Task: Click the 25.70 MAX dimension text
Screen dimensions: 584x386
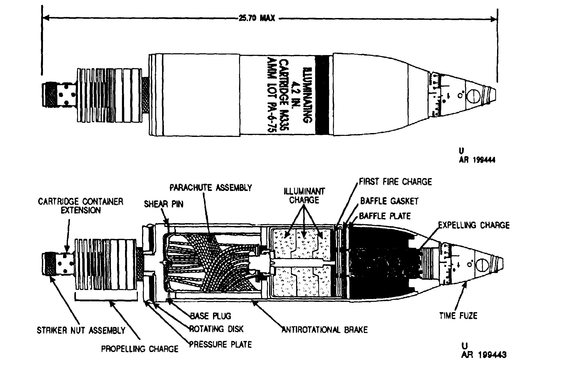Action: (x=257, y=19)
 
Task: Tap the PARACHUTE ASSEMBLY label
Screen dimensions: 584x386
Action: (x=211, y=188)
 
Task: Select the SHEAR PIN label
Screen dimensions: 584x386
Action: (x=164, y=204)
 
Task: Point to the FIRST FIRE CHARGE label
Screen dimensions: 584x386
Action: (x=395, y=182)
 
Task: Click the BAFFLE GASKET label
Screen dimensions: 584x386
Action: (x=389, y=201)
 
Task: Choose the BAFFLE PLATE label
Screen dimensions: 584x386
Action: (x=385, y=216)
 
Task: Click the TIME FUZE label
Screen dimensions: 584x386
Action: (x=458, y=316)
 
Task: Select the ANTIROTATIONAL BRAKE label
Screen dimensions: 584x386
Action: (x=325, y=330)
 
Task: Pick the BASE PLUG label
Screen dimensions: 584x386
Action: (x=210, y=316)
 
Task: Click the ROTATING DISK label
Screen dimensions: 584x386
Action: (x=216, y=329)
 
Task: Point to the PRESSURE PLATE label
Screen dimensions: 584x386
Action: (x=220, y=344)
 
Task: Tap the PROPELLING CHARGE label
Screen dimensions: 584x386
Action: (x=140, y=349)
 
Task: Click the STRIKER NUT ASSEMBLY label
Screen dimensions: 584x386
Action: (x=81, y=330)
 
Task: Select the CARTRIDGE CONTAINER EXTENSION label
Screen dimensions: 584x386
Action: (x=81, y=206)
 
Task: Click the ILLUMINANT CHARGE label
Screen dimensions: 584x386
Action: (x=304, y=196)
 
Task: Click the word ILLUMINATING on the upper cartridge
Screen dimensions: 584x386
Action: (x=307, y=95)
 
